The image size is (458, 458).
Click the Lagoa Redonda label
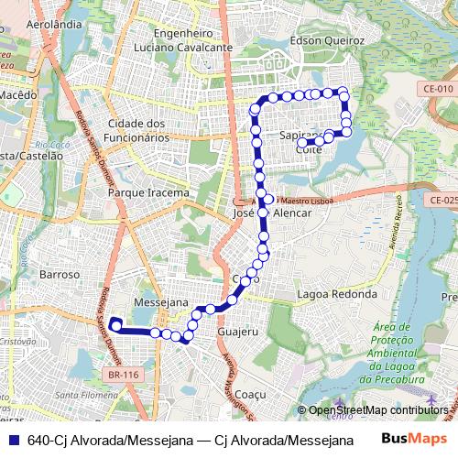(x=337, y=295)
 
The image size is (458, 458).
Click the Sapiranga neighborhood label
(x=301, y=135)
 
